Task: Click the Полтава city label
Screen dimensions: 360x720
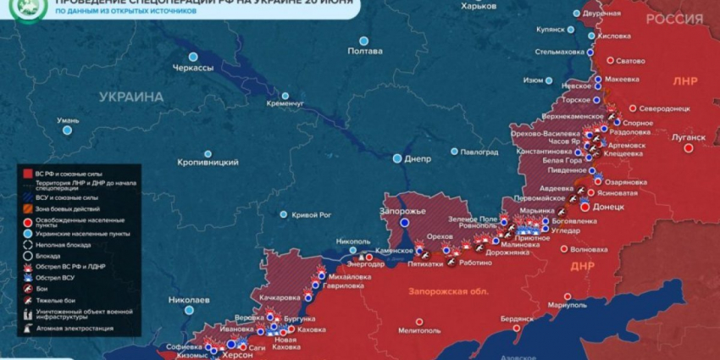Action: tap(365, 52)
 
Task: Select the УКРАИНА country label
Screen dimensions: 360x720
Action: tap(130, 97)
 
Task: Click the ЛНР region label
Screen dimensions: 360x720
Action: tap(684, 81)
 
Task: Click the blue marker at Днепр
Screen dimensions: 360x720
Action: tap(397, 158)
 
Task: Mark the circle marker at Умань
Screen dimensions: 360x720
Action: tap(67, 131)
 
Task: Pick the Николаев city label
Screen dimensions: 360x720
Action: tap(189, 300)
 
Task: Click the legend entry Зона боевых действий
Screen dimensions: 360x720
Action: tap(67, 208)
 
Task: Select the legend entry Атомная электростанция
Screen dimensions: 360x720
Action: tap(74, 328)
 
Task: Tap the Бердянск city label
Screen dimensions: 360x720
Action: tap(517, 318)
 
